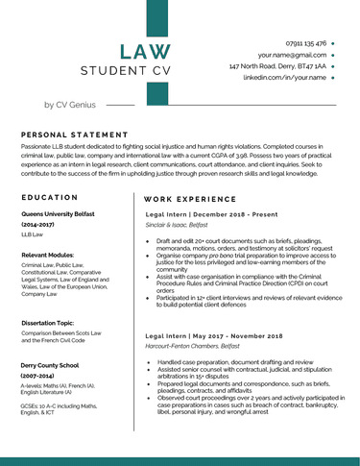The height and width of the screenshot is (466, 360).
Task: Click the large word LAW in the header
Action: (x=146, y=52)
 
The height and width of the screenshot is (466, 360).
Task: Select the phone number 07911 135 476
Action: (x=306, y=43)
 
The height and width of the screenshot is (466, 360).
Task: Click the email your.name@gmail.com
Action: (x=292, y=55)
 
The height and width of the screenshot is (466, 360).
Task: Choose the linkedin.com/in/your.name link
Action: (x=284, y=77)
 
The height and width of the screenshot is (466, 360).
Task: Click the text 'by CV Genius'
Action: (x=70, y=104)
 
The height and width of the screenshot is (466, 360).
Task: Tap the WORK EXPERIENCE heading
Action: (x=192, y=197)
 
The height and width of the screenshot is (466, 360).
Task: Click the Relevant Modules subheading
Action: (x=48, y=255)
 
